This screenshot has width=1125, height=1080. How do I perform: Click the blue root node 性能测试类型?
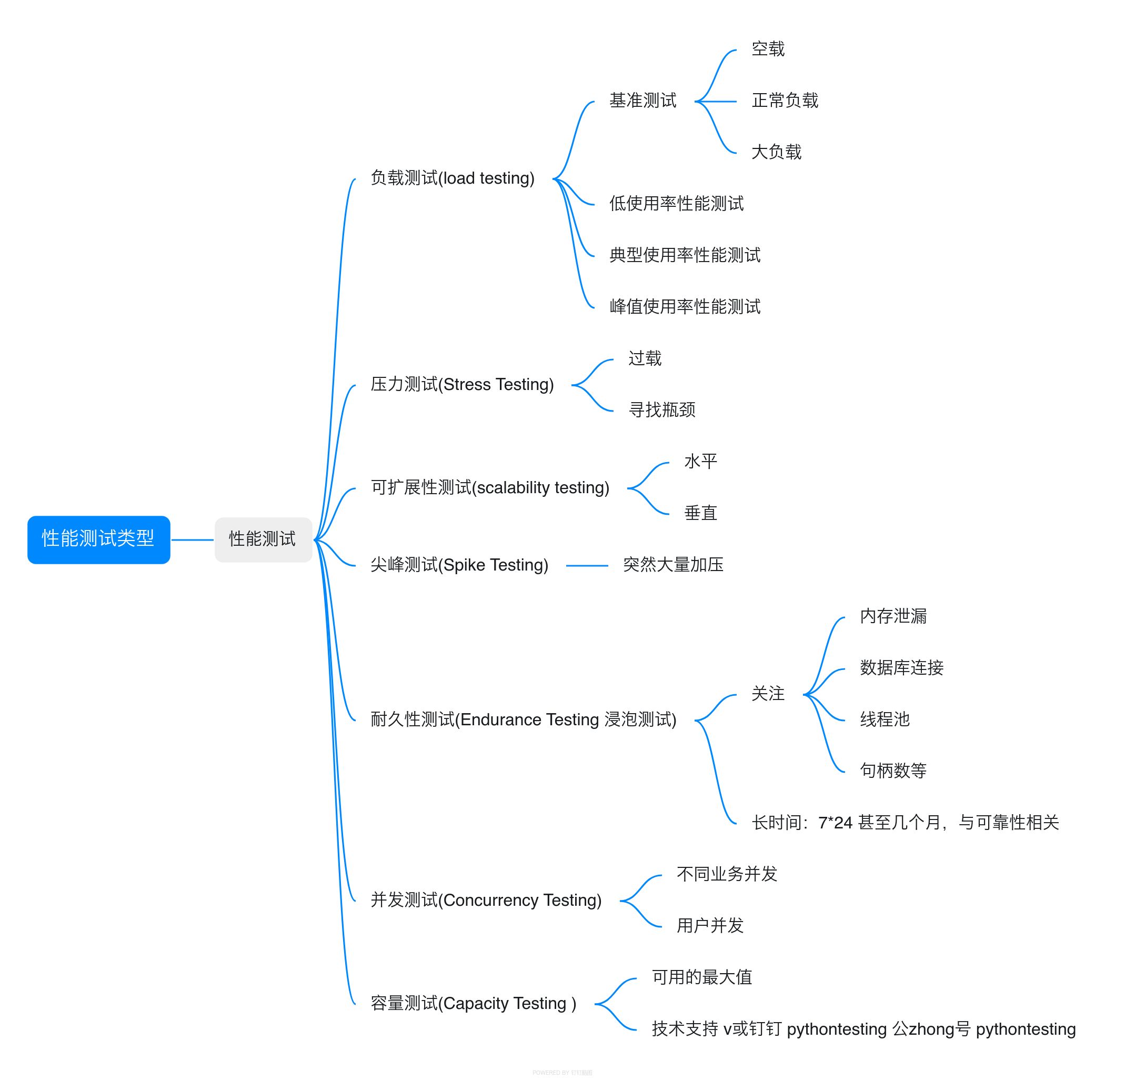click(x=99, y=539)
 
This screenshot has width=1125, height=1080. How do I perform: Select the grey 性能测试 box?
click(x=263, y=539)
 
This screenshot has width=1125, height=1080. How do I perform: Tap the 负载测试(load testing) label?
click(x=453, y=178)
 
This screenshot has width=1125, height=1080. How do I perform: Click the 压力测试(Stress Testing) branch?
click(x=462, y=384)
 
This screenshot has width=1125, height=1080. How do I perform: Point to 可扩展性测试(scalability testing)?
click(x=489, y=487)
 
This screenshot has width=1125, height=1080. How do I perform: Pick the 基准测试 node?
click(x=643, y=101)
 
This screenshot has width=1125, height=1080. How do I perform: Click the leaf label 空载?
click(x=768, y=49)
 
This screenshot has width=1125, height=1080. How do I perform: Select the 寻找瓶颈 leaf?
click(x=662, y=410)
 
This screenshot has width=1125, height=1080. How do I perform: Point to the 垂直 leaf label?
click(x=701, y=513)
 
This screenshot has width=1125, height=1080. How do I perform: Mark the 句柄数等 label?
click(x=893, y=771)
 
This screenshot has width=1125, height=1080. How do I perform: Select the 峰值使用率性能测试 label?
click(x=685, y=307)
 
